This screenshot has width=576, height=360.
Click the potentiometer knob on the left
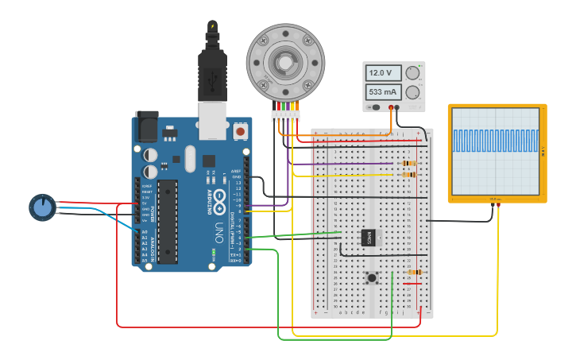click(x=42, y=207)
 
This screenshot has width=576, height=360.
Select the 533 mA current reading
click(x=383, y=92)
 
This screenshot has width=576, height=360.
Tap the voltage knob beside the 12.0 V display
click(x=412, y=73)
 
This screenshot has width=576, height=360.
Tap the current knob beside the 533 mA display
click(x=412, y=92)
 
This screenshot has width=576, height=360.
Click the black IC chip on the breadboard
click(x=368, y=237)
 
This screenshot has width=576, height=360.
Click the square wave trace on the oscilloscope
click(x=496, y=141)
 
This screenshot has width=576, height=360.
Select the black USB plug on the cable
click(x=213, y=75)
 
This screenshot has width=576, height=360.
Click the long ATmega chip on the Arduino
click(x=167, y=222)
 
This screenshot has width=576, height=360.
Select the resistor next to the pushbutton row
click(x=414, y=273)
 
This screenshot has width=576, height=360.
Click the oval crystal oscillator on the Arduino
click(x=189, y=158)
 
